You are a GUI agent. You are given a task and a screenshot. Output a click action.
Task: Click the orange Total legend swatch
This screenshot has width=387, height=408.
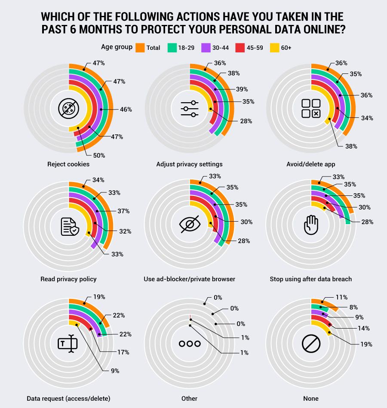tap(140, 47)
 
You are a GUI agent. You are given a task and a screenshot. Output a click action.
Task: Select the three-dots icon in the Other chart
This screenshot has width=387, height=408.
tap(190, 344)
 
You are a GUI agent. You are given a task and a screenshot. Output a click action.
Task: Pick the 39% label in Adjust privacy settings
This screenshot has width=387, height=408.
tap(242, 89)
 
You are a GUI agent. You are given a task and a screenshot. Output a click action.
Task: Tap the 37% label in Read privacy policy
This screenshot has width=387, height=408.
tap(123, 211)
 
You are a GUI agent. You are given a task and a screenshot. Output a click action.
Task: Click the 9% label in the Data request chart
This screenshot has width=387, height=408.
tap(115, 371)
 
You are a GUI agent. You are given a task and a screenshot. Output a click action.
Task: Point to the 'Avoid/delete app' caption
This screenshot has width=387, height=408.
tap(311, 164)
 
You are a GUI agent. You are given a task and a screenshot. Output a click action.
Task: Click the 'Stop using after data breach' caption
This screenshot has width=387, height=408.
tap(311, 279)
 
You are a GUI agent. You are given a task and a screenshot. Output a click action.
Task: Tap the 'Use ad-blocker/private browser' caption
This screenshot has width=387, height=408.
tap(190, 279)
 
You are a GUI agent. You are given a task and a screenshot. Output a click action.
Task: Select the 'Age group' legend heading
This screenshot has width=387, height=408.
tap(117, 47)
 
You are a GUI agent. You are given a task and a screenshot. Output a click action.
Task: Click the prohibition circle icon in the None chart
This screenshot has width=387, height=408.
tap(310, 344)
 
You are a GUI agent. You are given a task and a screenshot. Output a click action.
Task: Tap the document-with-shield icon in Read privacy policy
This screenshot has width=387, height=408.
tap(69, 226)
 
